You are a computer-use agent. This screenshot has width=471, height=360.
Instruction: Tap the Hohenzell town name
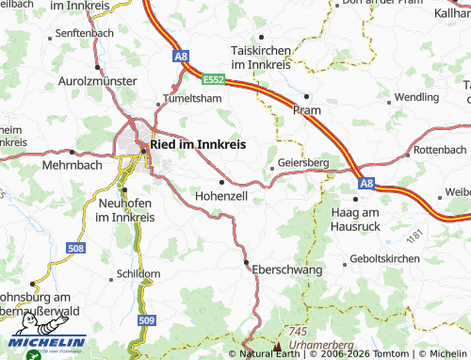220,196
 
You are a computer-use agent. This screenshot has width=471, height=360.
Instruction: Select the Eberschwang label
287,270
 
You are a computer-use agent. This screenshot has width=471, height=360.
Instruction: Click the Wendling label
416,97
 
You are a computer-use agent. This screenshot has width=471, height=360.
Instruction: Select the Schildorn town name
138,273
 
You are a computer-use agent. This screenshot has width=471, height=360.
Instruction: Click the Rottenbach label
440,150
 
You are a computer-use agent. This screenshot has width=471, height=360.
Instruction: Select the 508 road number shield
76,248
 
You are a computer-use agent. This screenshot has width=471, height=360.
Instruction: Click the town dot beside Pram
307,96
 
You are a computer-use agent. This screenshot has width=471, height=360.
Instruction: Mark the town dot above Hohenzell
221,182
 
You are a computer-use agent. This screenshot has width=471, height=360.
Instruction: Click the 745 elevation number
300,332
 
